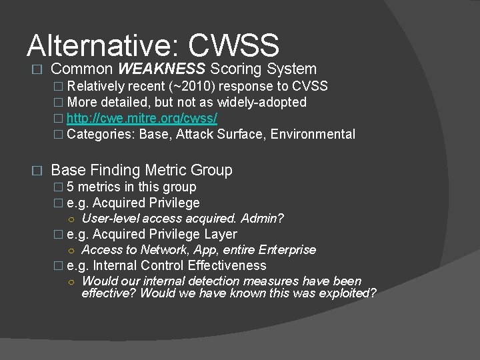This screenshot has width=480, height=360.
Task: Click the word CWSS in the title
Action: point(233,45)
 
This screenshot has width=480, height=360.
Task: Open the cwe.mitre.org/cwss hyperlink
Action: point(142,118)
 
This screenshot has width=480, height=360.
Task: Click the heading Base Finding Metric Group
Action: point(141,171)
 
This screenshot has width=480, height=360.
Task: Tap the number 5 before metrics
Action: point(71,187)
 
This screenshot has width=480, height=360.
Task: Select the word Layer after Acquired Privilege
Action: point(221,234)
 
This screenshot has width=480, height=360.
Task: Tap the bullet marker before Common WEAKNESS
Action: point(37,69)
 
